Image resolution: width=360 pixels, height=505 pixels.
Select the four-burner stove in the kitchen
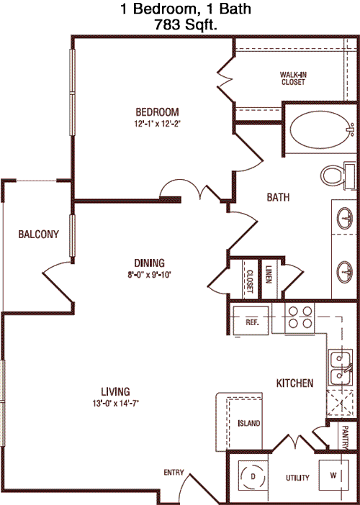(x=300, y=317)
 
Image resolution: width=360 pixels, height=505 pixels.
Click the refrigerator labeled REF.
(x=251, y=321)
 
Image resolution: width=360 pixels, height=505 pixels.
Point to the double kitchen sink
(x=341, y=367)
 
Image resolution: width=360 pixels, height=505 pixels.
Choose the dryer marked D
(x=253, y=476)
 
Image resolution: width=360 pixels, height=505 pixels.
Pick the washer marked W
(x=333, y=475)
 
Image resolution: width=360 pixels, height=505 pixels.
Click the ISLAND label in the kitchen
(x=249, y=423)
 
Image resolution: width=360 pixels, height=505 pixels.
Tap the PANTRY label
(x=345, y=437)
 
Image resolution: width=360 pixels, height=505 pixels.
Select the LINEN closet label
(x=269, y=274)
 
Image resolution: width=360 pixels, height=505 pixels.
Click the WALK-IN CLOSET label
(x=293, y=78)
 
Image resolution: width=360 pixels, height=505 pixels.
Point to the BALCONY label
(x=39, y=234)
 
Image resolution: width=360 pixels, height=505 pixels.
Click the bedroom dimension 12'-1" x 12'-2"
(x=157, y=124)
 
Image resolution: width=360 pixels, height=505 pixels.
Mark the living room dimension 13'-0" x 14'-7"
(x=116, y=404)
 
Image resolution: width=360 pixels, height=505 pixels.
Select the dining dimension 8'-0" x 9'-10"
(x=149, y=275)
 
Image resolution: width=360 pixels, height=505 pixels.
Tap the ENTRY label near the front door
(x=174, y=473)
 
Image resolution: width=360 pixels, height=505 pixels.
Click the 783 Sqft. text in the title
(x=185, y=24)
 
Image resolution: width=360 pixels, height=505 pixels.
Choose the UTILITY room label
(x=297, y=478)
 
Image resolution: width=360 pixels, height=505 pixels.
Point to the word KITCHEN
(x=295, y=383)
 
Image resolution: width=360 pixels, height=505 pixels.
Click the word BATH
(x=278, y=197)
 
